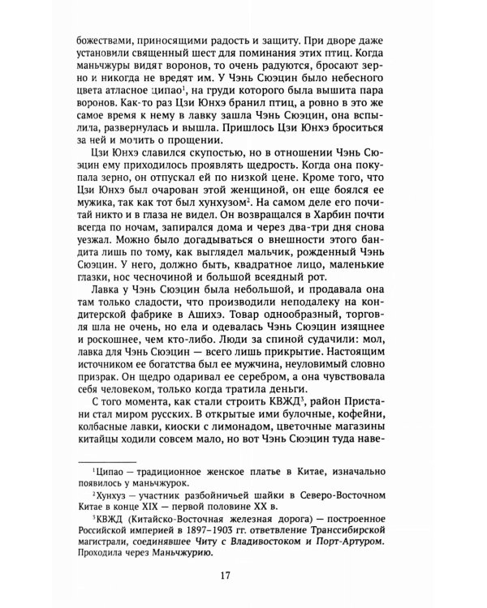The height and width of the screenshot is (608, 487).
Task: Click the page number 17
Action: pos(243,577)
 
